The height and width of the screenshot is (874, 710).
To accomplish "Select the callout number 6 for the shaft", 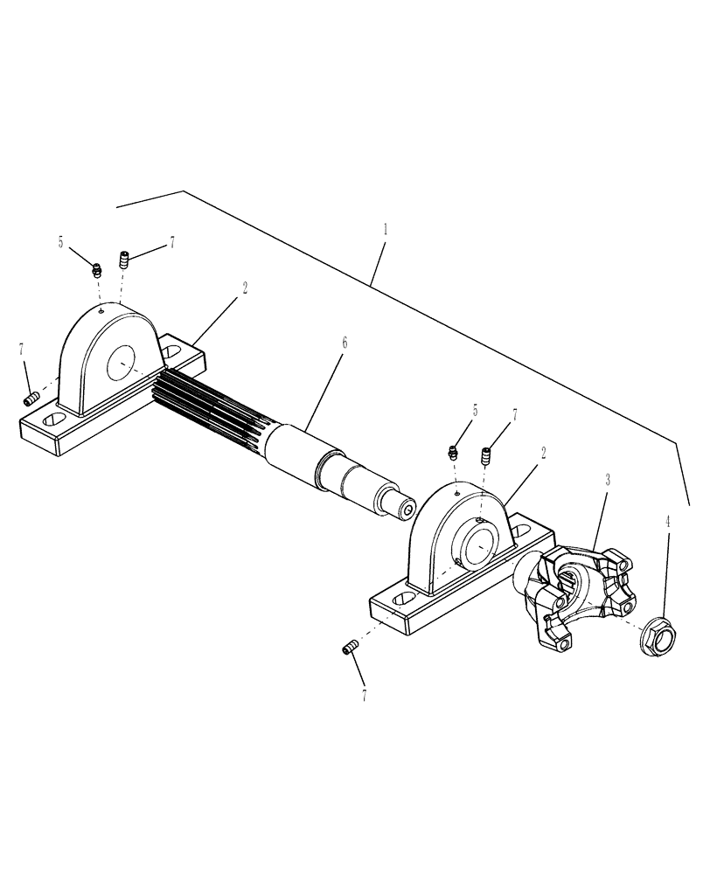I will coord(345,343).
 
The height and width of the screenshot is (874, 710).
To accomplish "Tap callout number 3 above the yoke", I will coord(608,480).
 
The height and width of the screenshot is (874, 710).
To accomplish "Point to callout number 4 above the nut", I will coord(669,522).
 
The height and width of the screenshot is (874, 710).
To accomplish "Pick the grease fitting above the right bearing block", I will coord(453,452).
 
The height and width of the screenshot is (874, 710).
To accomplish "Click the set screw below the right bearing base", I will coord(351,648).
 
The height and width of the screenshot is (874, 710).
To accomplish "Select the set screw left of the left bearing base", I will coord(33,399).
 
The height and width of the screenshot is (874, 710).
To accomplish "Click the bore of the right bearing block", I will coord(483,549).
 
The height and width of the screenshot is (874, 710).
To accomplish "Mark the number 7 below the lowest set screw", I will coord(364,697).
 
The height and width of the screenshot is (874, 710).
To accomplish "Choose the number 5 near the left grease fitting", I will coord(61,242).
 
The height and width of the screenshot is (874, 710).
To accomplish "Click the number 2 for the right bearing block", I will coord(544,452).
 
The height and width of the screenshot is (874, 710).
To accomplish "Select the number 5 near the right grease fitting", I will coord(476,410).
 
